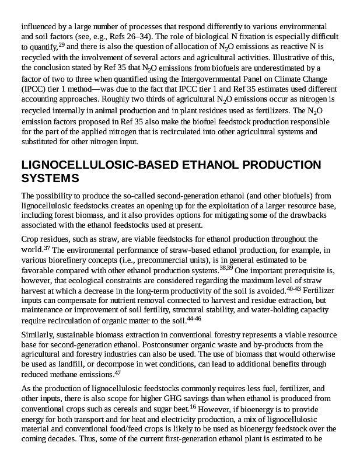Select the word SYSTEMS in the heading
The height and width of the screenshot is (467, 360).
50,177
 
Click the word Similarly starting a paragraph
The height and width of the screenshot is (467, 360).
38,335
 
